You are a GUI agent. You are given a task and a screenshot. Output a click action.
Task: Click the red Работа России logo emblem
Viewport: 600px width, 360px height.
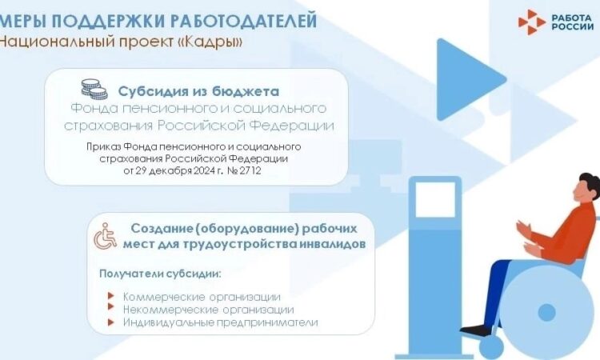531,22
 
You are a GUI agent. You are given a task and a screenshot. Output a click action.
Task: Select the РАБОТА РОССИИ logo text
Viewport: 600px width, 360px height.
573,22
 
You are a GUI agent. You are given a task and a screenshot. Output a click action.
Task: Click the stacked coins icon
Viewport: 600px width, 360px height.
94,89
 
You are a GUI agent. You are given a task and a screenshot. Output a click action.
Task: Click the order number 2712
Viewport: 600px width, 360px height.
250,170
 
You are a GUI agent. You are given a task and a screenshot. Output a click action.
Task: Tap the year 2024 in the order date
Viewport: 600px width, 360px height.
204,170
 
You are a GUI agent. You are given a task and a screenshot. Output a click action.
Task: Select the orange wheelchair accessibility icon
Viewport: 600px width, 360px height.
106,236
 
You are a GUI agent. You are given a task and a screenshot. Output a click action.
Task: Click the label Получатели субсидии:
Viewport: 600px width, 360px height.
160,274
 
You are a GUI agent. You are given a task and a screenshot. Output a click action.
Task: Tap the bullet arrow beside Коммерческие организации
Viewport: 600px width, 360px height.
111,296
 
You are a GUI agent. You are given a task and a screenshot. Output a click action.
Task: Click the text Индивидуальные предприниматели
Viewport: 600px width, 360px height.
221,322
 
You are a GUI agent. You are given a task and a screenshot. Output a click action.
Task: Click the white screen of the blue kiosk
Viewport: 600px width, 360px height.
435,199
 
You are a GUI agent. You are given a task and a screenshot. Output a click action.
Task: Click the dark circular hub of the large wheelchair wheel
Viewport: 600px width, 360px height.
547,313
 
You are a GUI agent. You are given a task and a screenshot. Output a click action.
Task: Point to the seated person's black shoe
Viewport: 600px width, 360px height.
477,330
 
